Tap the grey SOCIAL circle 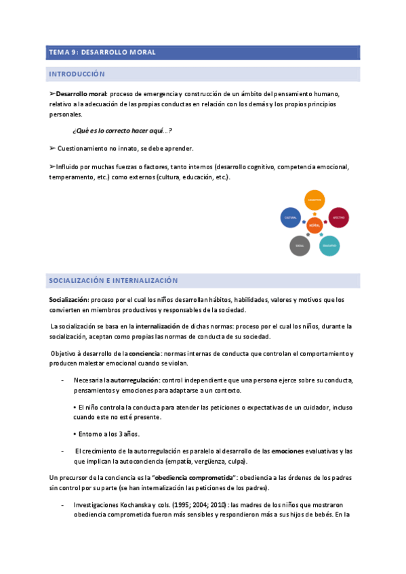299,246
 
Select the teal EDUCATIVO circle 329,245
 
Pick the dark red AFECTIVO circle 338,217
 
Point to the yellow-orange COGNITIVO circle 314,200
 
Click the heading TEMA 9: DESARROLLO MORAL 102,52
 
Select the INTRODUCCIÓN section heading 76,74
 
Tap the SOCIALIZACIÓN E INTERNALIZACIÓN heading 113,280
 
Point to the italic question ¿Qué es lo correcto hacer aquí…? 122,131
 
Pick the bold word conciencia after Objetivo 144,354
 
